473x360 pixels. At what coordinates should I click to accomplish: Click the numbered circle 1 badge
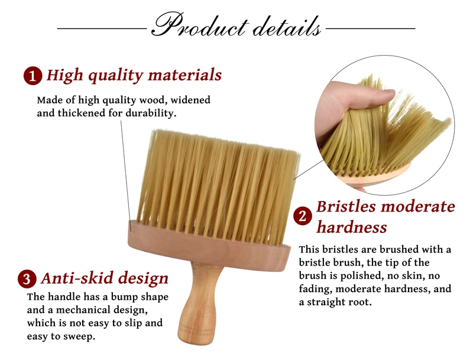(33, 76)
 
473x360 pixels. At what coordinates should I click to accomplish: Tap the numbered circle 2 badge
(303, 216)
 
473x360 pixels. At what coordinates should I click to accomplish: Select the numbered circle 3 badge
(27, 279)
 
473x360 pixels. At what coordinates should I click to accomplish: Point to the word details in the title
(287, 27)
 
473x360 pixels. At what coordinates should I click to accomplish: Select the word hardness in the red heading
(351, 227)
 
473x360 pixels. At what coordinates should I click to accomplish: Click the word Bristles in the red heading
(346, 207)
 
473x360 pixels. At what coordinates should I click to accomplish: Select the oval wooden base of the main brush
(209, 247)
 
